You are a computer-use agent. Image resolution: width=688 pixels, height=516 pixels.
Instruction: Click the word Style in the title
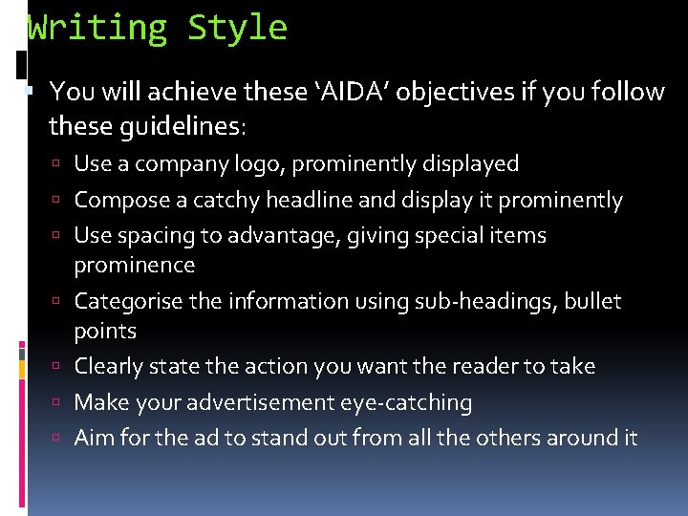point(237,28)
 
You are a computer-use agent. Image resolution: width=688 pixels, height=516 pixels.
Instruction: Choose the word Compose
point(116,201)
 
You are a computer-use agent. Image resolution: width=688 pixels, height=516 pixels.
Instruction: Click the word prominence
point(134,265)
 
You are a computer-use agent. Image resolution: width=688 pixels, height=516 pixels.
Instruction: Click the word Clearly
point(108,367)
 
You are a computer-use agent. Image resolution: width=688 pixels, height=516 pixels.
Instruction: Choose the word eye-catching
point(406,403)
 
